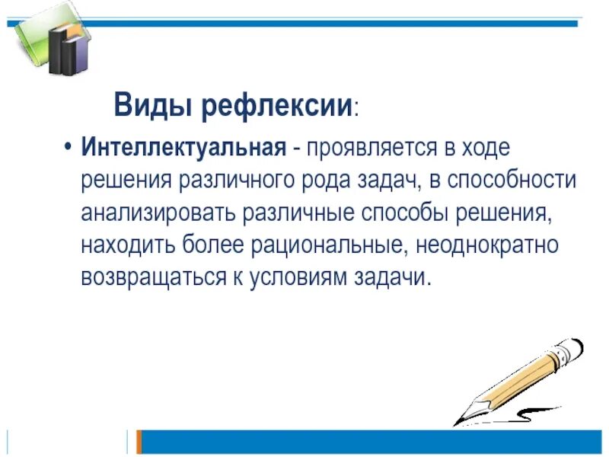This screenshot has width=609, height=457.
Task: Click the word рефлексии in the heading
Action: click(x=275, y=105)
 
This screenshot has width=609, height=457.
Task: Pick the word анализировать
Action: click(x=158, y=213)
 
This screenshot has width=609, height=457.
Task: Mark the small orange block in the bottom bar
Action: click(x=139, y=441)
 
